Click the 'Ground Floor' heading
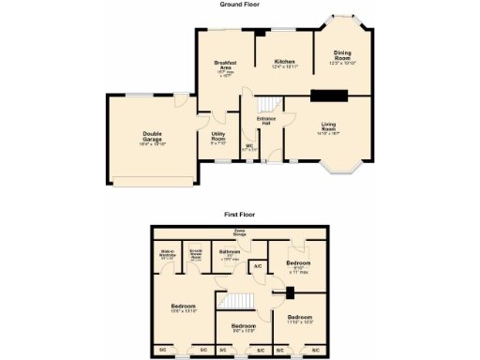[x=239, y=5]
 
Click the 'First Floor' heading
[x=240, y=215]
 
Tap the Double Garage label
[x=153, y=138]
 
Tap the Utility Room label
[x=217, y=139]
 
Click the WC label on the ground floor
[x=249, y=146]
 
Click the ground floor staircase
[x=268, y=105]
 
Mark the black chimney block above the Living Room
[x=328, y=94]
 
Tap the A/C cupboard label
[x=257, y=266]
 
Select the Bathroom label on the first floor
[x=230, y=253]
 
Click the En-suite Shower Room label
[x=196, y=253]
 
